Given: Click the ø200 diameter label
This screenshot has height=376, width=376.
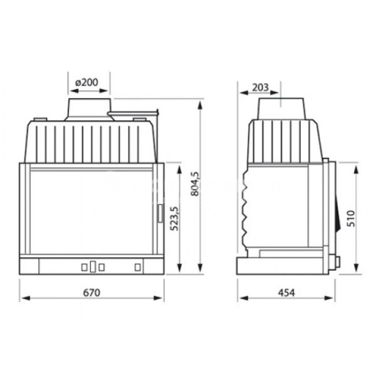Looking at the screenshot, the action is pyautogui.click(x=87, y=83).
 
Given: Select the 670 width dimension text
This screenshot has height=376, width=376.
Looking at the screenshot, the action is pyautogui.click(x=91, y=293).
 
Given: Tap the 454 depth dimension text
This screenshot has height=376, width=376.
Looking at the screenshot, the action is pyautogui.click(x=286, y=293).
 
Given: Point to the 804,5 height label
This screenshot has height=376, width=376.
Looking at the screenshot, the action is pyautogui.click(x=195, y=184).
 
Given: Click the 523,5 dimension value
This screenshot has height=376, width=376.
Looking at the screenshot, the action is pyautogui.click(x=174, y=219).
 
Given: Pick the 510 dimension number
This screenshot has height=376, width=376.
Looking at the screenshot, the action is pyautogui.click(x=351, y=219).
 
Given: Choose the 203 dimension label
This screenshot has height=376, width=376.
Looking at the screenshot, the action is pyautogui.click(x=260, y=87).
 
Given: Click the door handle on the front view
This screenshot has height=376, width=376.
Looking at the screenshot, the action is pyautogui.click(x=160, y=213).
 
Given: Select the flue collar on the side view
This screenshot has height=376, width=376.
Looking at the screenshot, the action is pyautogui.click(x=281, y=109).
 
